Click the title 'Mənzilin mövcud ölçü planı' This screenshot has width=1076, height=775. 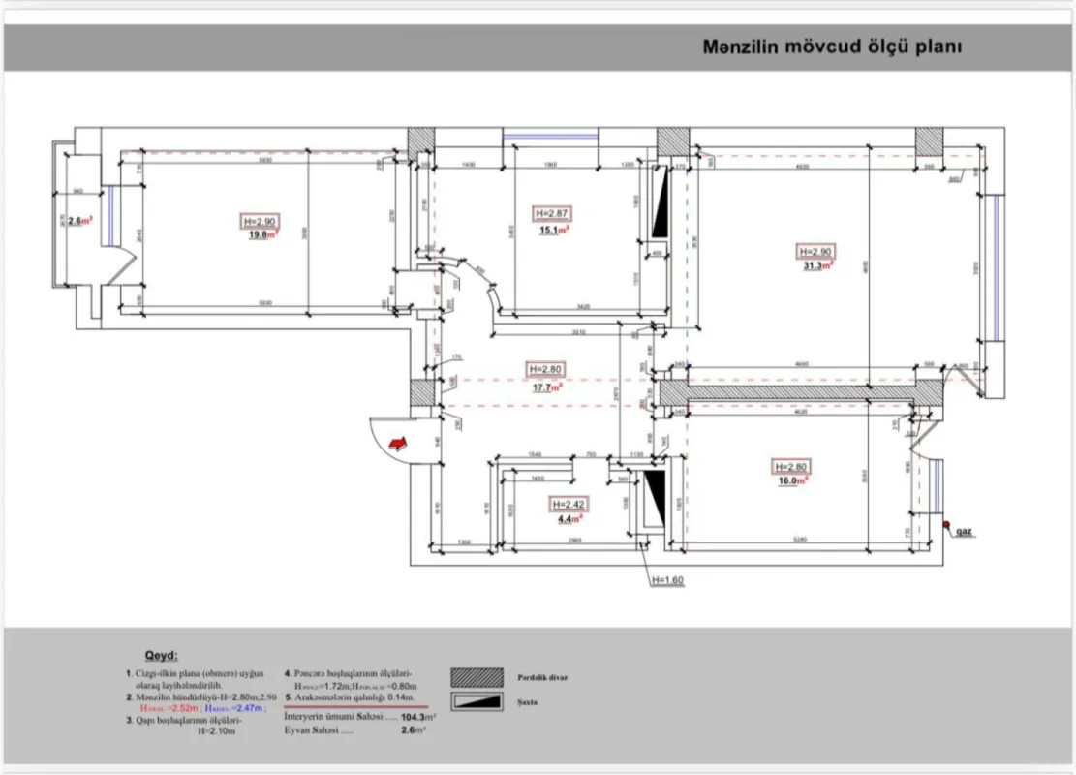coord(831,46)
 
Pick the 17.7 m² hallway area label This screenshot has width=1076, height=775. coord(544,386)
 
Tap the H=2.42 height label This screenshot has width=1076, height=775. coord(569,505)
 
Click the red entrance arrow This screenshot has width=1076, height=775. coord(397,443)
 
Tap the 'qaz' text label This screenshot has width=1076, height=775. coord(964,532)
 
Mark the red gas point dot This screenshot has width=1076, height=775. coord(945,526)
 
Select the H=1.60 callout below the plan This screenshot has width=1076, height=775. coord(667,581)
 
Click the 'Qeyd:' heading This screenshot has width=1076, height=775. coord(162,656)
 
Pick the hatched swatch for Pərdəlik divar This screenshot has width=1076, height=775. coord(477,676)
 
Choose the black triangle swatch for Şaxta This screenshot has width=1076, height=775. coord(477,700)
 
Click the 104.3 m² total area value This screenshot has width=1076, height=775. coord(417,718)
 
